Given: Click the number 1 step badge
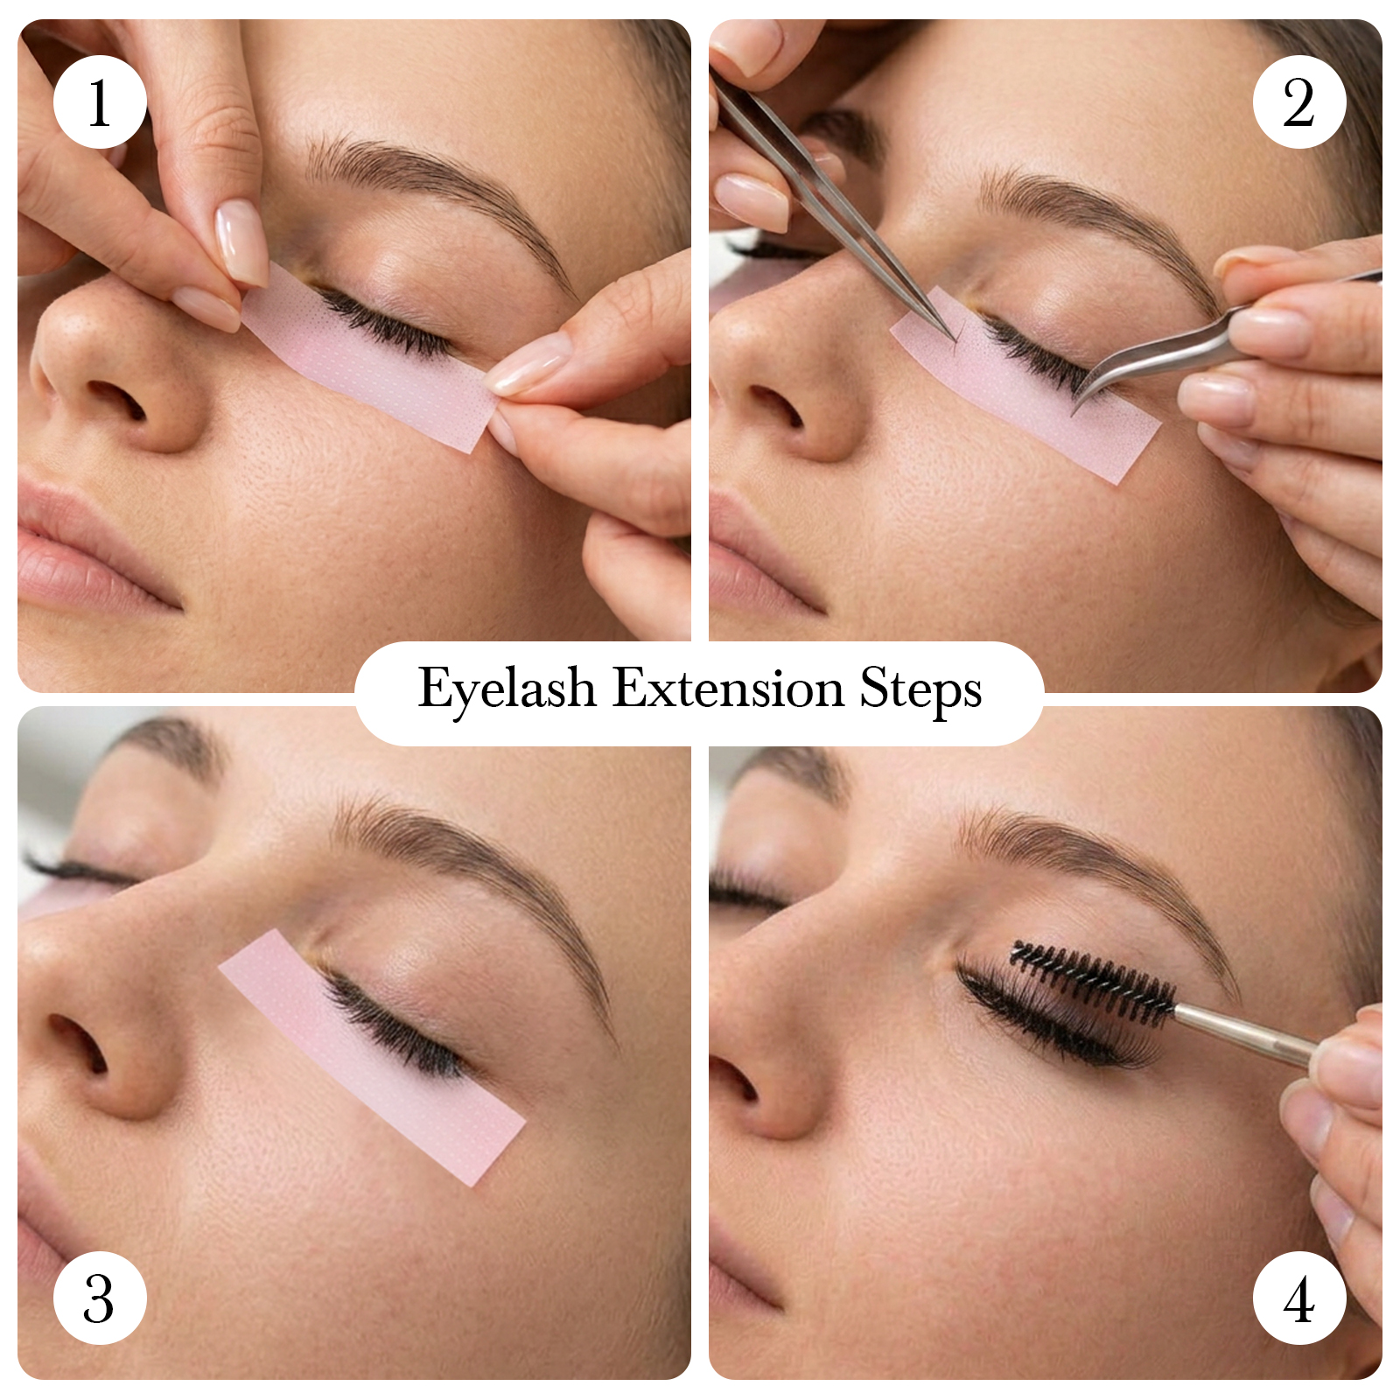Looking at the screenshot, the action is point(100,102).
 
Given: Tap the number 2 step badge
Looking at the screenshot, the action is point(1299,102).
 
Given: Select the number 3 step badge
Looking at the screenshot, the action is point(100,1298).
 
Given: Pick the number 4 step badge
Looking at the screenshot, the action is point(1299,1298).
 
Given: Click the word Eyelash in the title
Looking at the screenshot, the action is point(507,689).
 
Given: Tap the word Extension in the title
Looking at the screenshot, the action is point(729,688).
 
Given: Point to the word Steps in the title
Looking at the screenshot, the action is point(920,690).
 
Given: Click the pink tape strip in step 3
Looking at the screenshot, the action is point(372,1057).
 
